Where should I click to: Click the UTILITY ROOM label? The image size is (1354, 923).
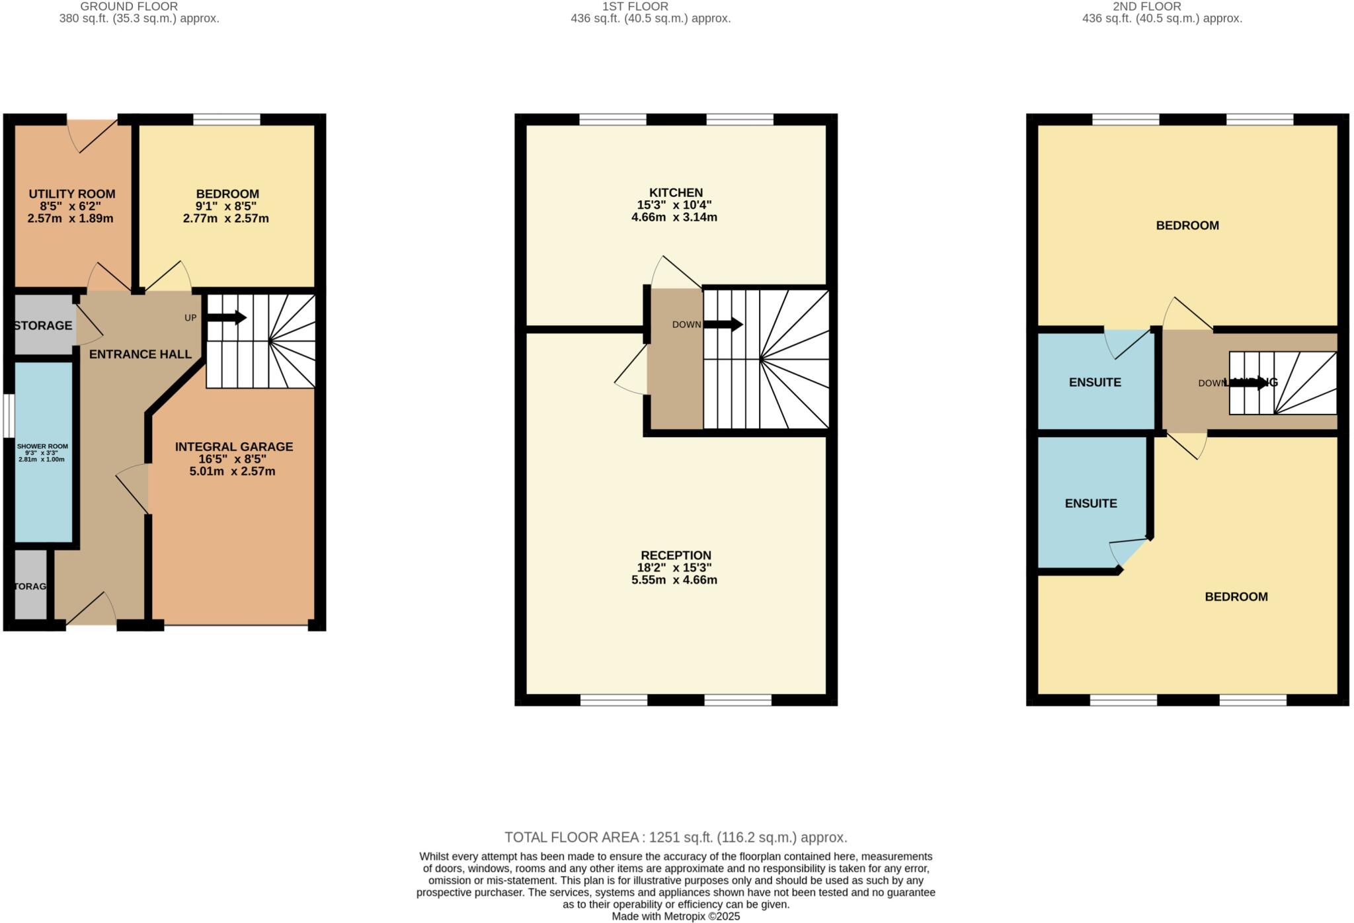pos(71,194)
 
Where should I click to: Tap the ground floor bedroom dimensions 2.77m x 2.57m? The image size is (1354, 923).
pos(225,218)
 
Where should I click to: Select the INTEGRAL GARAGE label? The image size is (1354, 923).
pos(233,447)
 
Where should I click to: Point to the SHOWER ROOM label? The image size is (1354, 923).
pos(42,446)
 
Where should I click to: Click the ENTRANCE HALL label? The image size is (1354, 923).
pos(140,354)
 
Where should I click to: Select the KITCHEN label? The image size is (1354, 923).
pos(675,193)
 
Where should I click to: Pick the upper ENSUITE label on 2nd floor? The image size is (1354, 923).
pos(1095,382)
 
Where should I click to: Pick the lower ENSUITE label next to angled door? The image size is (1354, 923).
pos(1091,503)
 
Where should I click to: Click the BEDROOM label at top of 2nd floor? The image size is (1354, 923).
pos(1187,225)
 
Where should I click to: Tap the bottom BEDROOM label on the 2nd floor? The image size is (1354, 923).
pos(1236,596)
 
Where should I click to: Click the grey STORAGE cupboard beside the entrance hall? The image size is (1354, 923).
pos(43,325)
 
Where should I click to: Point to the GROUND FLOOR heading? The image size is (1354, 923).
pos(129,7)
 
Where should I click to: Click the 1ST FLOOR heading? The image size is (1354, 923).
pos(635,7)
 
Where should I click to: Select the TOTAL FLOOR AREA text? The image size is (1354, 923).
pos(676,837)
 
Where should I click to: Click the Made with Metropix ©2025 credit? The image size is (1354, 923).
pos(676,916)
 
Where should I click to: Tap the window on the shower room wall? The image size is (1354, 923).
pos(7,416)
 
